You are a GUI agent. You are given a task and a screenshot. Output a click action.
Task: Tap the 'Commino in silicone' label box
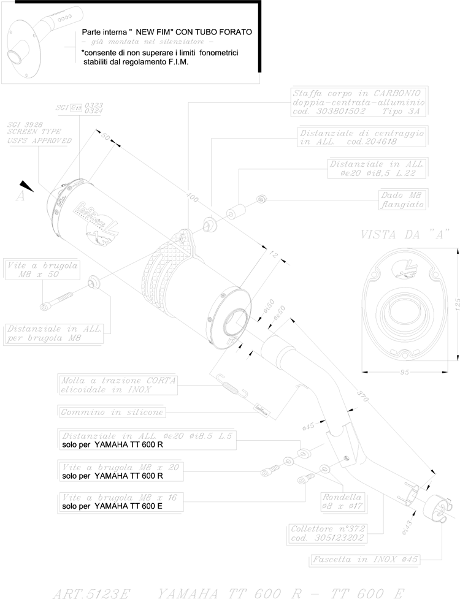[112, 412]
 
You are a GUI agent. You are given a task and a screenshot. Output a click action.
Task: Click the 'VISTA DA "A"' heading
[405, 234]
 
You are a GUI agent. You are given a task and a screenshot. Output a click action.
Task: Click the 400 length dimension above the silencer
[192, 198]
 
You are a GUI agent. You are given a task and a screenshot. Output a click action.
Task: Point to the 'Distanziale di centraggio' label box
[361, 137]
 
